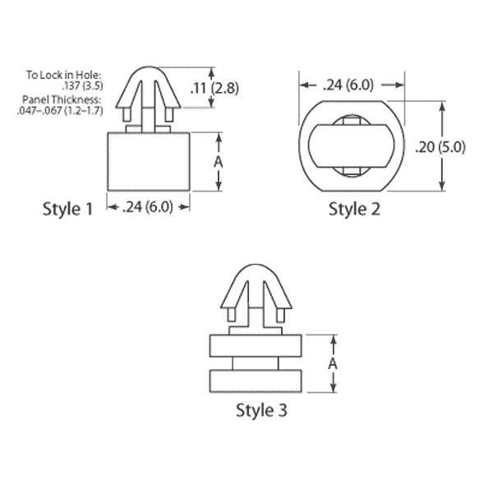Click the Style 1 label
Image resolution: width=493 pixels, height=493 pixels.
click(68, 209)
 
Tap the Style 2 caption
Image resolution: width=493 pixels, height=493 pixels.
click(354, 209)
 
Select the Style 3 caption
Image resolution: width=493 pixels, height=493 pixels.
click(261, 410)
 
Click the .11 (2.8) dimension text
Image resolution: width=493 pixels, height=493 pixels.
click(214, 88)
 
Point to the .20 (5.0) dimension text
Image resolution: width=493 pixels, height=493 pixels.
click(440, 147)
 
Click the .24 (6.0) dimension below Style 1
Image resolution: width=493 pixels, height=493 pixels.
click(147, 207)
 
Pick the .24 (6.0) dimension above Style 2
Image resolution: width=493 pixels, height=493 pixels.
click(348, 85)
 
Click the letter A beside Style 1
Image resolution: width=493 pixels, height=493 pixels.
click(219, 162)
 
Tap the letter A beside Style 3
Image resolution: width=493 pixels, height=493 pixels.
click(333, 364)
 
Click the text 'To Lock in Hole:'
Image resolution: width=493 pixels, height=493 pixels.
click(64, 75)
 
